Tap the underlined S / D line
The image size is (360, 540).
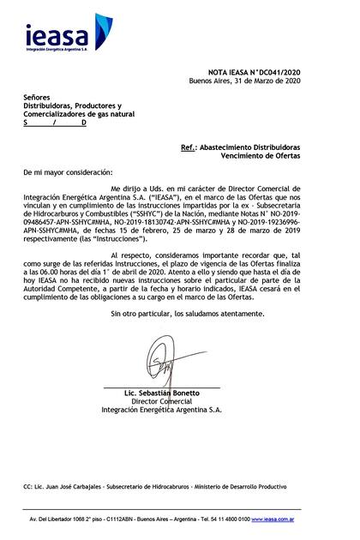pyautogui.click(x=55, y=123)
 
